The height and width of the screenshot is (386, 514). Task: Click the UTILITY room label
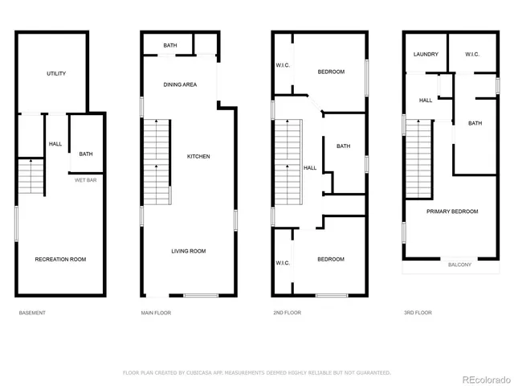[x=55, y=74]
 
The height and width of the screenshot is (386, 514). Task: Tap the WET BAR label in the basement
[x=85, y=180]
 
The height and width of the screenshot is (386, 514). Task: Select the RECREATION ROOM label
[x=60, y=259]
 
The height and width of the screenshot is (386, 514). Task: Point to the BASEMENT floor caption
[x=32, y=312]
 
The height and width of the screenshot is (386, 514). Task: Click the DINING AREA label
[x=179, y=84]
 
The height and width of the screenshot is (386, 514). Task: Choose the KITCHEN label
[x=198, y=156]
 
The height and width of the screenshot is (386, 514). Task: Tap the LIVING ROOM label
[x=189, y=251]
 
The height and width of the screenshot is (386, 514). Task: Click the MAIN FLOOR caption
[x=157, y=312]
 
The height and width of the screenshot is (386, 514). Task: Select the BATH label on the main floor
[x=170, y=46]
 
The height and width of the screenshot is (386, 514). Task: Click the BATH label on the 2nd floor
[x=344, y=146]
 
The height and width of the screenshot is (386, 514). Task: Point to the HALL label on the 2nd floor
[x=310, y=168]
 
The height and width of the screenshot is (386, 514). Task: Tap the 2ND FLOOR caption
[x=288, y=312]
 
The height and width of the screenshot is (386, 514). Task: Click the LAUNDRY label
[x=426, y=55]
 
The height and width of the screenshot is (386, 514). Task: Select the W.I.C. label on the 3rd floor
[x=473, y=55]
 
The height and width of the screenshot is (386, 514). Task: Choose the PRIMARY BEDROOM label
[x=452, y=211]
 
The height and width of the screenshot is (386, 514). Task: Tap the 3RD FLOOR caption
[x=418, y=312]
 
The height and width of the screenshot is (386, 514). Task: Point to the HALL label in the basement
[x=55, y=144]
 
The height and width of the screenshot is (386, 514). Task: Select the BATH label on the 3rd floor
[x=475, y=123]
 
